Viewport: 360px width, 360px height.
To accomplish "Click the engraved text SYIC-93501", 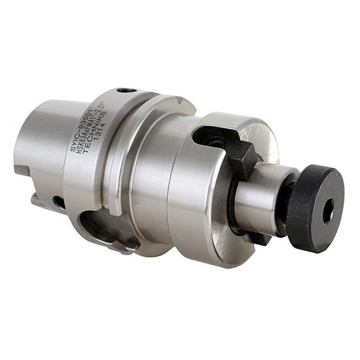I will tap(89, 130).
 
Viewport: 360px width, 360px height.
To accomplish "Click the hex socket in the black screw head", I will tap(329, 211).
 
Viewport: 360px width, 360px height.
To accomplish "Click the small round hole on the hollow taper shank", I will tap(58, 200).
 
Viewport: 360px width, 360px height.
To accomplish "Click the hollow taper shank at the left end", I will tap(43, 151).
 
